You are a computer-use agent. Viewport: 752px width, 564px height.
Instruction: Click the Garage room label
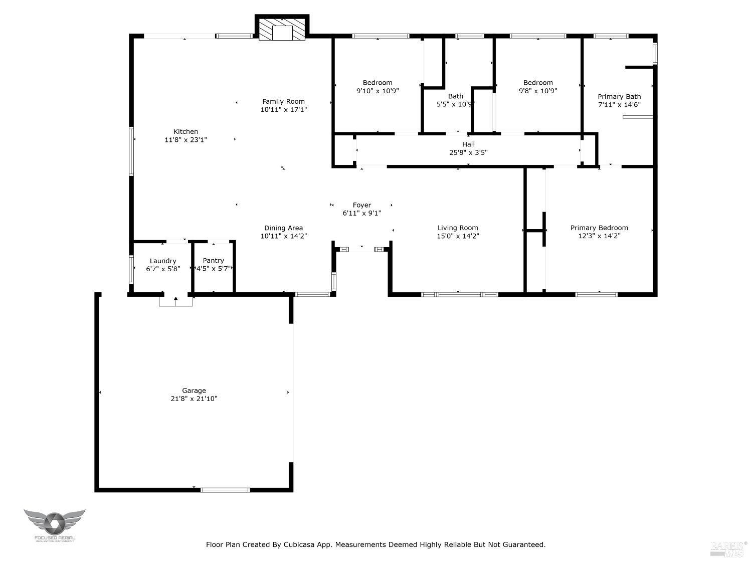pos(194,391)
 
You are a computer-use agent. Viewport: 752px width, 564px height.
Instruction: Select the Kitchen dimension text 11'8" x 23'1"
pos(185,140)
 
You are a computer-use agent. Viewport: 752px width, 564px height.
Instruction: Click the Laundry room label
pos(163,261)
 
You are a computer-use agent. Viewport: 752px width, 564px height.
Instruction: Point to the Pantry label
pos(213,260)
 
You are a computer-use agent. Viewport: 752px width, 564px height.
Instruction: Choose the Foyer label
pos(361,205)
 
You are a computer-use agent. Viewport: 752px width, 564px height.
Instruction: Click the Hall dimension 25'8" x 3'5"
pos(468,152)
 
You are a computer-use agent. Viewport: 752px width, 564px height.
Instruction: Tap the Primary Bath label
pos(619,97)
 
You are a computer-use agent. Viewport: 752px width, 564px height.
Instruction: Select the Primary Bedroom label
pos(599,228)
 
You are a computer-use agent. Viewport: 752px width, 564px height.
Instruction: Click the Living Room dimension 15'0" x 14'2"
pos(458,236)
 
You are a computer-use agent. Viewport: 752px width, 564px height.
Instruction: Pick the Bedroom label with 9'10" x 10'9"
pos(378,83)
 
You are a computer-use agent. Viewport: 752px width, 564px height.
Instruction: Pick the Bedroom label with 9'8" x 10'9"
pos(538,83)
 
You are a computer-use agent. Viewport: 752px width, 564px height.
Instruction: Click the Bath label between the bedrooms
pos(456,96)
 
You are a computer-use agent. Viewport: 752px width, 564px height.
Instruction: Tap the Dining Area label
pos(283,228)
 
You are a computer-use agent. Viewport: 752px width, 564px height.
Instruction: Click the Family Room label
pos(283,101)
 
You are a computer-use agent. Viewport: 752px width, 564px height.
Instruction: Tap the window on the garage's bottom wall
pos(225,490)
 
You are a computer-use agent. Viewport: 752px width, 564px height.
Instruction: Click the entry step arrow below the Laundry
pos(175,300)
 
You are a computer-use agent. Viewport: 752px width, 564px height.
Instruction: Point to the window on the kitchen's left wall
pos(131,151)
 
